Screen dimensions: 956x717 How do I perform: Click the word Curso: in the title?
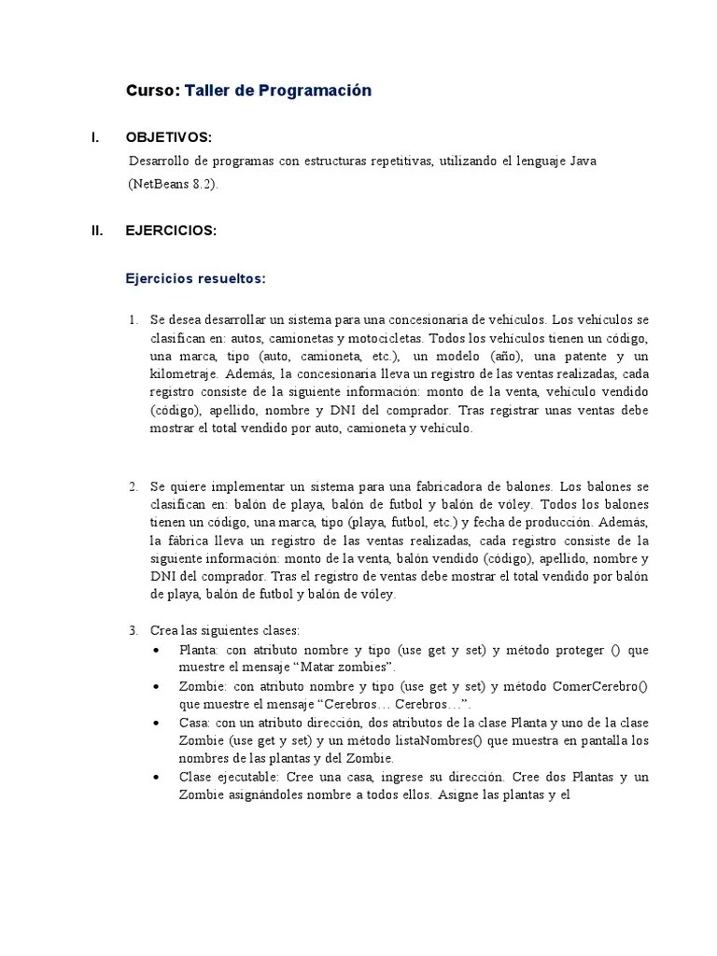click(152, 91)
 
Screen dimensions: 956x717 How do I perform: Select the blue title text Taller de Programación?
click(278, 91)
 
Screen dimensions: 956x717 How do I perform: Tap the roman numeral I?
click(94, 138)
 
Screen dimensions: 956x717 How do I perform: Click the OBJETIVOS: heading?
click(169, 138)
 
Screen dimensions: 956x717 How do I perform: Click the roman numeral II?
click(97, 232)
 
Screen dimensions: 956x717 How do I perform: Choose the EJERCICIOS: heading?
click(171, 232)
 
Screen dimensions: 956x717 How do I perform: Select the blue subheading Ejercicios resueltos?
click(196, 278)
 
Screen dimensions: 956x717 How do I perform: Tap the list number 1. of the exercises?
click(134, 321)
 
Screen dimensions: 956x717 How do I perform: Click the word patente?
click(578, 357)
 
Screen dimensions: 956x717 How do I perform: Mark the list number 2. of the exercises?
click(134, 486)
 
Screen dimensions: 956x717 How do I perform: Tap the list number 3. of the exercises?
click(134, 630)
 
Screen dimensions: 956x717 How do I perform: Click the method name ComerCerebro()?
click(600, 686)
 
